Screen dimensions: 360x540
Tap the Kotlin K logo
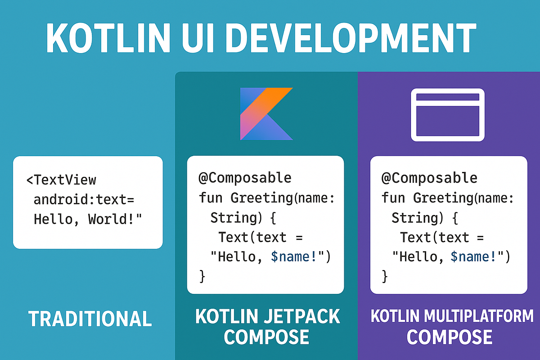point(266,113)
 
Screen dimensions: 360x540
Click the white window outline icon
point(448,115)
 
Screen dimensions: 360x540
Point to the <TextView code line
point(61,180)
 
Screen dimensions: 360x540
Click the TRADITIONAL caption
point(90,319)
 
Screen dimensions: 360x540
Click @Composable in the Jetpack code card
point(245,178)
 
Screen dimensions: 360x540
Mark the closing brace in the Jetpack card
point(202,276)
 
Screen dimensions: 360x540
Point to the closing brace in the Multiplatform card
point(385,276)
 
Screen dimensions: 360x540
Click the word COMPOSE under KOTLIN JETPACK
point(266,337)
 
